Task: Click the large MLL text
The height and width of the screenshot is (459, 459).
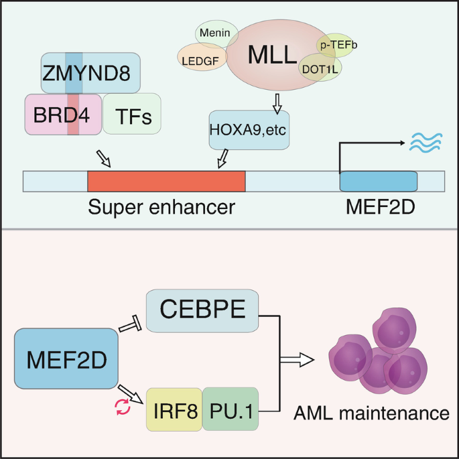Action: click(x=272, y=55)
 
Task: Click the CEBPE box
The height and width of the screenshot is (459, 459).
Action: click(x=202, y=310)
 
